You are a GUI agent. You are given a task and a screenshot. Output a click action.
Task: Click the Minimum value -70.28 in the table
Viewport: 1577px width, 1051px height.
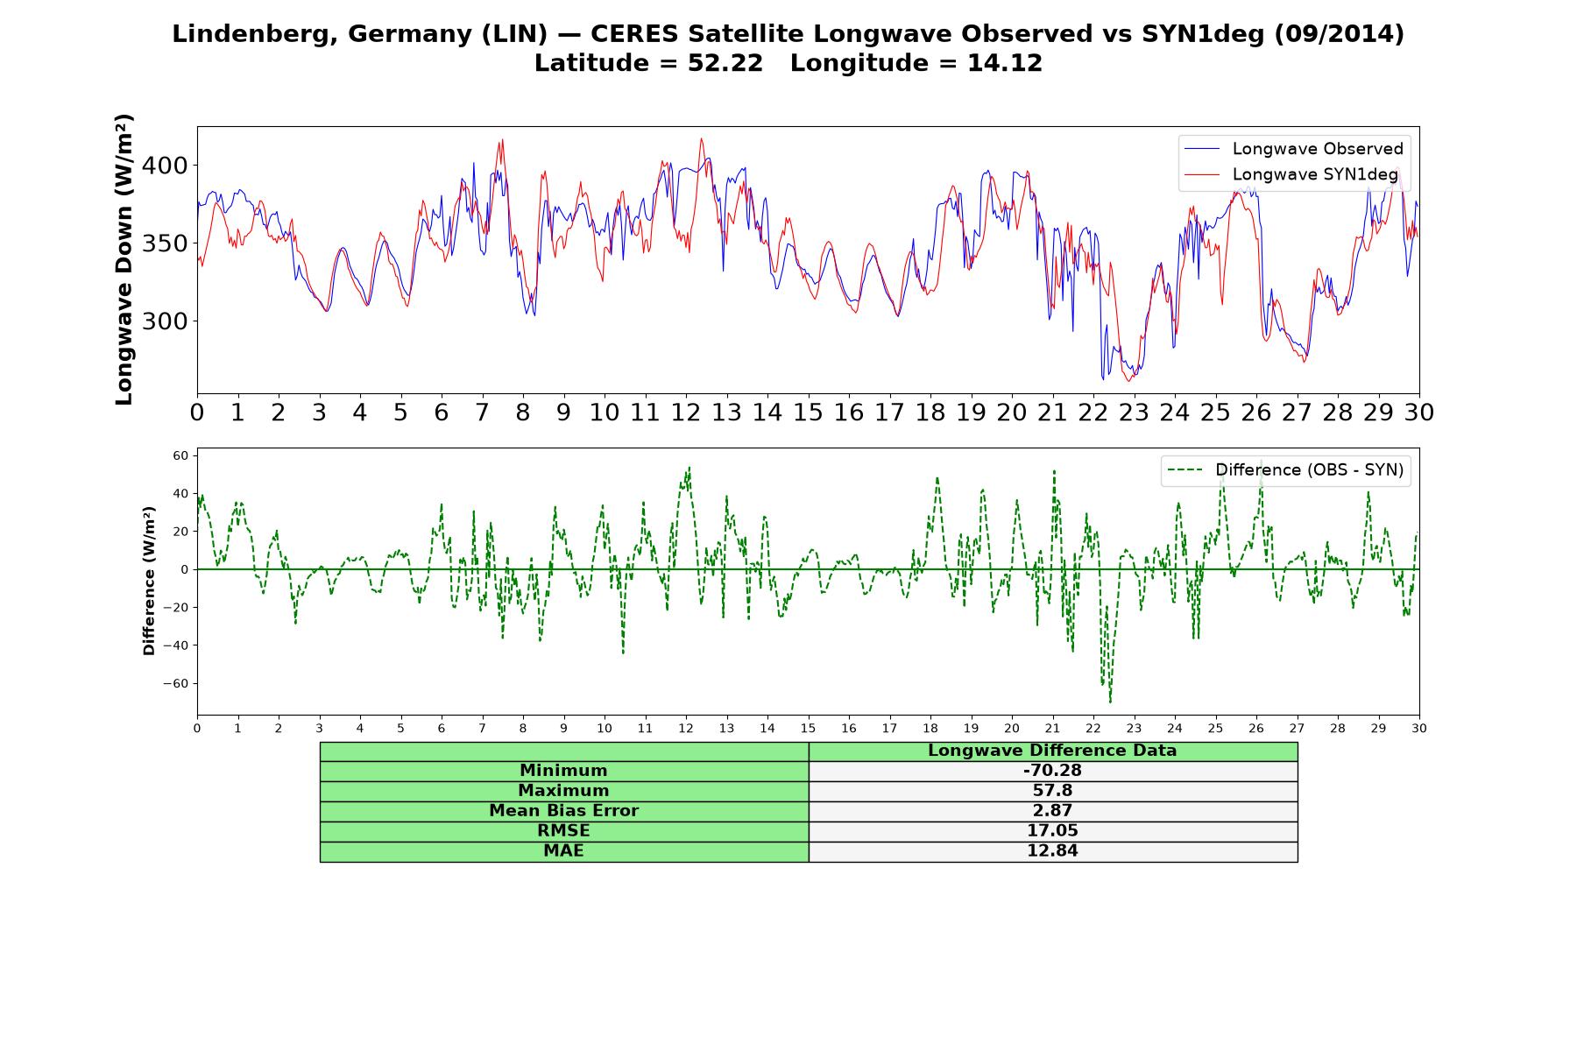tap(1052, 771)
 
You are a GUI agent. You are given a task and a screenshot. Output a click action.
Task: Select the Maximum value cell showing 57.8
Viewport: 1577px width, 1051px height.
tap(1052, 791)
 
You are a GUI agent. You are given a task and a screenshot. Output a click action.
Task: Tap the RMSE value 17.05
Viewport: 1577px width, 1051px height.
tap(1052, 830)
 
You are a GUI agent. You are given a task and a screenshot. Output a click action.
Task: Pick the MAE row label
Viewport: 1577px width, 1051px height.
tap(563, 850)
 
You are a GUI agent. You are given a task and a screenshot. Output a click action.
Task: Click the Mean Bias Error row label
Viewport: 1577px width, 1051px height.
tap(563, 811)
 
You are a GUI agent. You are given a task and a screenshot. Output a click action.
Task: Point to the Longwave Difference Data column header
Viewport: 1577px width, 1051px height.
tap(1052, 751)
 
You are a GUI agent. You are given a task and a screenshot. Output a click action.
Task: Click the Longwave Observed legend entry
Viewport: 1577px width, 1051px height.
tap(1293, 149)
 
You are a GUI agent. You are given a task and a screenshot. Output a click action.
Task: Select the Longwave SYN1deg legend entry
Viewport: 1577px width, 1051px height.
tap(1291, 174)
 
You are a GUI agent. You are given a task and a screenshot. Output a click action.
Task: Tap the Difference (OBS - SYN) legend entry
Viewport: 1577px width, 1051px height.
tap(1284, 470)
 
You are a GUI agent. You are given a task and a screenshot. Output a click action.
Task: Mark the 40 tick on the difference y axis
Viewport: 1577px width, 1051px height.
tap(180, 494)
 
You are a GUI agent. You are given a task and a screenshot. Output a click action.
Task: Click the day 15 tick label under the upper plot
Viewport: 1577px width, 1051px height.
tap(808, 412)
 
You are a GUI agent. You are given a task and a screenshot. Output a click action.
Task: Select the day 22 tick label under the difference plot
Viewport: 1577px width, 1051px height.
tap(1093, 729)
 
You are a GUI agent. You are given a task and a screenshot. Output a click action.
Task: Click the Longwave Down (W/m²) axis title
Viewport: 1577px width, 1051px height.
tap(124, 259)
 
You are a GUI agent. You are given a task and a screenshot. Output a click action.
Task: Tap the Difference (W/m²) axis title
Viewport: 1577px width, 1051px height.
tap(149, 581)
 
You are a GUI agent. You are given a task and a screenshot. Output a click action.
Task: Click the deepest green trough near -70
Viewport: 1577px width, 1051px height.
tap(1110, 702)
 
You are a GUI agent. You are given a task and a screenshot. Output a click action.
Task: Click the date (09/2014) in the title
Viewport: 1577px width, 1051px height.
tap(1339, 34)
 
